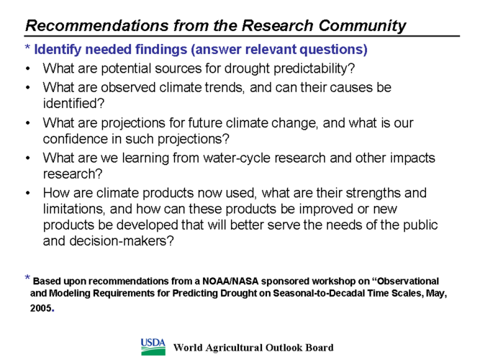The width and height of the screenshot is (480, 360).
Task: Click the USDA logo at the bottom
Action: click(x=153, y=347)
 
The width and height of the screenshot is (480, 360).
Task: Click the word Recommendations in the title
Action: click(x=96, y=25)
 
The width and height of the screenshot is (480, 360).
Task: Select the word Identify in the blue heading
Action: click(x=58, y=50)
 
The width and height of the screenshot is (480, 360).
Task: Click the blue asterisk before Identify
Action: click(x=27, y=48)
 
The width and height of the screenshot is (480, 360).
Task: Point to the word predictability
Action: click(x=314, y=68)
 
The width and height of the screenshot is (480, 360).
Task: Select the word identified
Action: click(x=74, y=103)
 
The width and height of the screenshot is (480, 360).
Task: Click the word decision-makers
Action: click(x=122, y=240)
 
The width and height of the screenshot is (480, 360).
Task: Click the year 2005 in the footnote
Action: click(x=41, y=307)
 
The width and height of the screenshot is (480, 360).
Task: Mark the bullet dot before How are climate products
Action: click(x=28, y=194)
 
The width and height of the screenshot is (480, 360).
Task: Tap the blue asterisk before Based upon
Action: click(x=27, y=278)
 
